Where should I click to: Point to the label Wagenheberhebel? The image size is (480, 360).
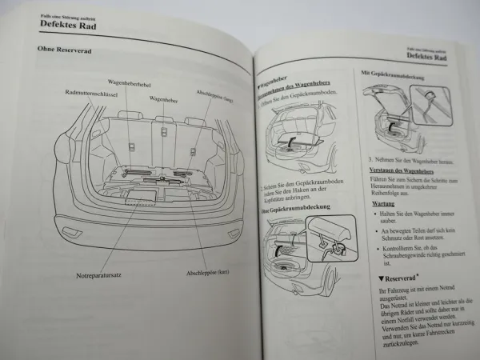[x=131, y=82]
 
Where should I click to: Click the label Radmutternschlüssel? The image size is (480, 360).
[x=93, y=93]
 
